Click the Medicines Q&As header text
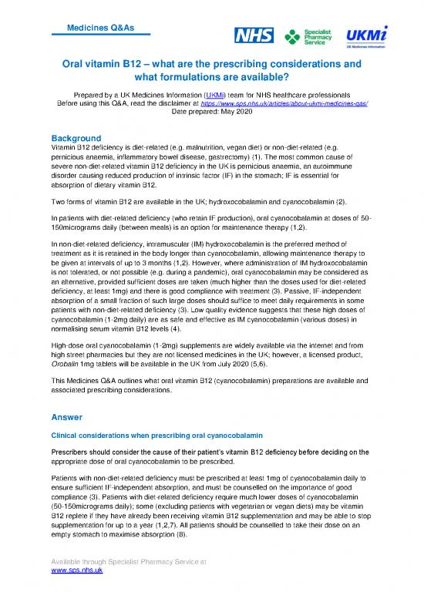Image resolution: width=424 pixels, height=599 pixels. point(101,28)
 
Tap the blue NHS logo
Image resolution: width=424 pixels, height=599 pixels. point(254,36)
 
